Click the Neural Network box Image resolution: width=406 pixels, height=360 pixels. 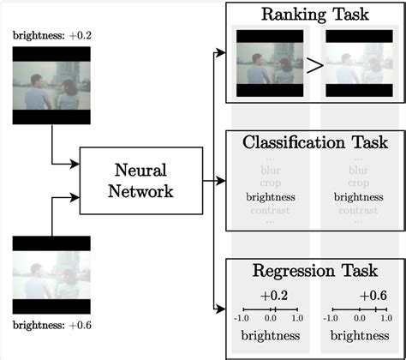pos(140,181)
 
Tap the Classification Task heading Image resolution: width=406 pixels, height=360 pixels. pos(314,141)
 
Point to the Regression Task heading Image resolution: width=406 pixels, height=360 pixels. pos(314,271)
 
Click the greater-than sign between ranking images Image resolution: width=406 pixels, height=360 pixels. pos(313,64)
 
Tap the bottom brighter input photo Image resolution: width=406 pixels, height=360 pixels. pos(51,274)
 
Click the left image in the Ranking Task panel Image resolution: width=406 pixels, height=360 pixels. pos(268,63)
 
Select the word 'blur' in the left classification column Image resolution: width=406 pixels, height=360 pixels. pos(270,170)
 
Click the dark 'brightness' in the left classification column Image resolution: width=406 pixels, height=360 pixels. pos(270,196)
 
